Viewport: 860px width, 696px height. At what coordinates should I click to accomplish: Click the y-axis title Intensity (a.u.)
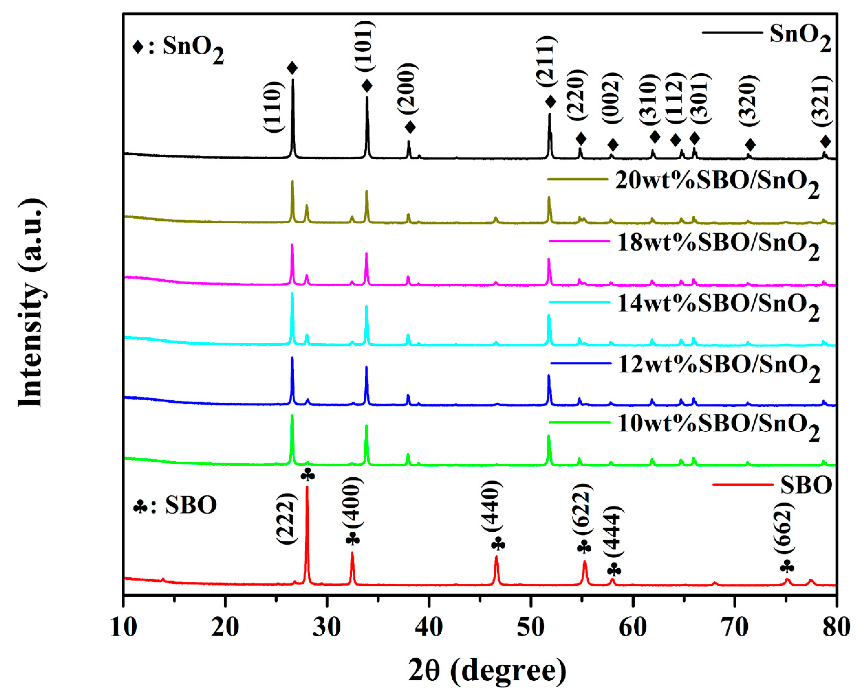coord(31,303)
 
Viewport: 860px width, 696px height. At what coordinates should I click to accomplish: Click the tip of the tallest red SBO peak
coord(307,487)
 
